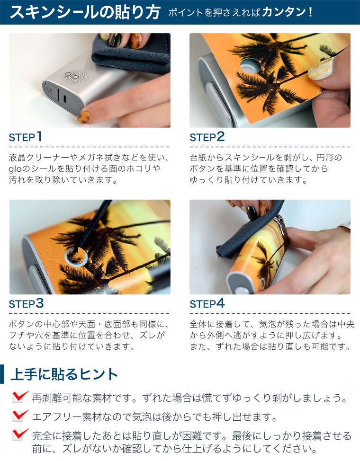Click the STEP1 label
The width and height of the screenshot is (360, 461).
(25, 137)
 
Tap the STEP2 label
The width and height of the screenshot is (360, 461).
(207, 137)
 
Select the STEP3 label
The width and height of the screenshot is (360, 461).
(26, 303)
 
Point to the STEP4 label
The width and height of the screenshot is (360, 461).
(207, 303)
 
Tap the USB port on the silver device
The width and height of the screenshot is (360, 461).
(64, 98)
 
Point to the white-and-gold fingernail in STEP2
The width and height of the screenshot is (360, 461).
(321, 68)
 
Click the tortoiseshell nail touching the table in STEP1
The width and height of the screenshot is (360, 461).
(84, 117)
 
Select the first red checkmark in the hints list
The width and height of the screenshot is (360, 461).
(20, 396)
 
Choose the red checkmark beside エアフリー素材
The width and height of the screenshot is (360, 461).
(20, 415)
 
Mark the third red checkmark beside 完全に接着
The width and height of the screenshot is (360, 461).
(20, 434)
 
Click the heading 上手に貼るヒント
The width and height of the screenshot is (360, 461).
(64, 374)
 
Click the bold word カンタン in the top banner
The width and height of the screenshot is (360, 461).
(284, 12)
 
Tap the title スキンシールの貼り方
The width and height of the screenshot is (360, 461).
(85, 12)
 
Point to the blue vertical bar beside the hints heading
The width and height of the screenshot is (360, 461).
(2, 374)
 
